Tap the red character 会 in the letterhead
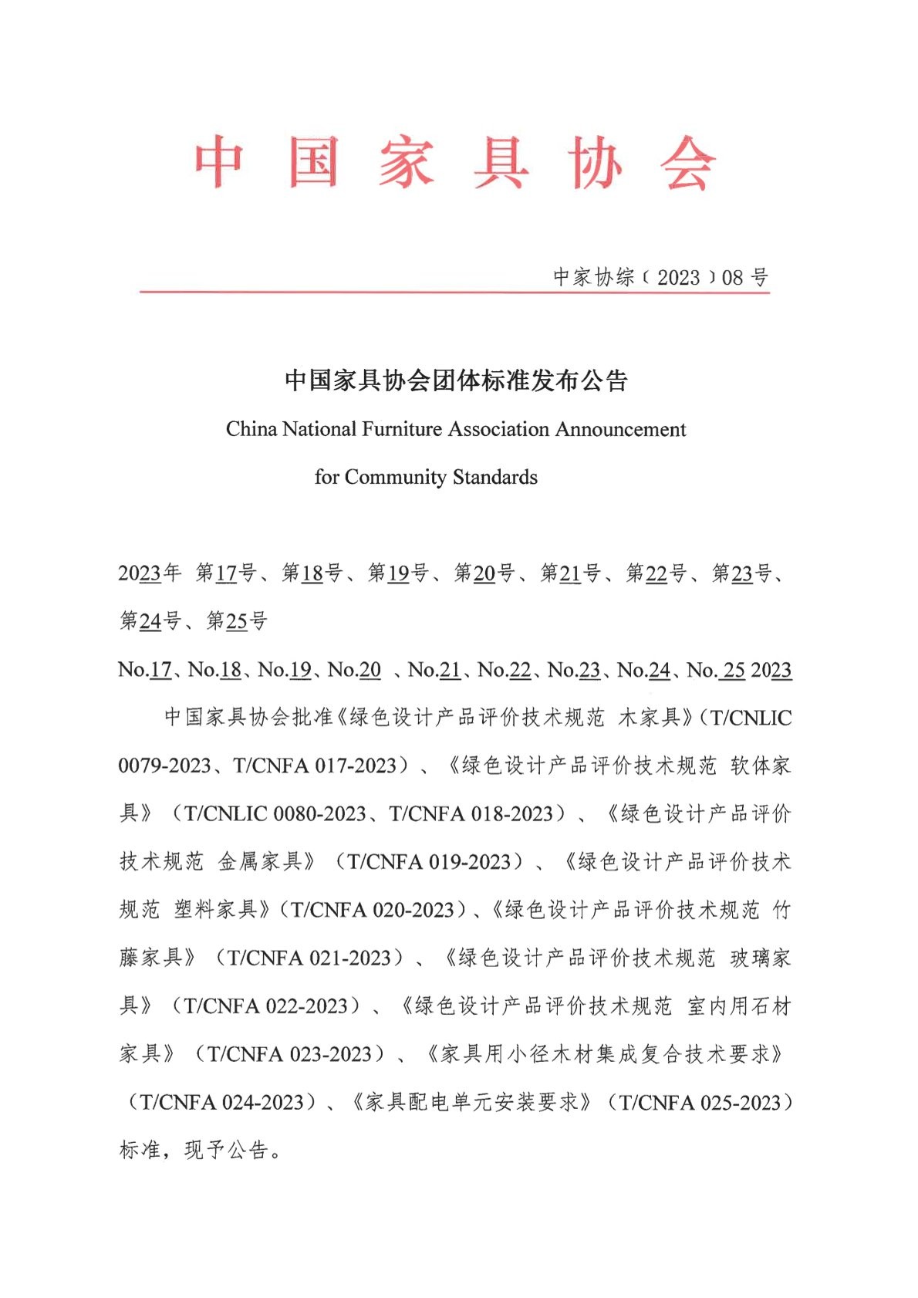(x=687, y=163)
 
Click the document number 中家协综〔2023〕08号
(x=660, y=277)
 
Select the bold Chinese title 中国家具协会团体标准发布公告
(x=456, y=380)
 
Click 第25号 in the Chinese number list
(x=237, y=620)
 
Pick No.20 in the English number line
(x=355, y=669)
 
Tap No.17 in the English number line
(x=145, y=669)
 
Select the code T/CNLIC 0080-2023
(x=275, y=813)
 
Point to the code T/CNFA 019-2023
(x=429, y=861)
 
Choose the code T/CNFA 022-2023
(x=266, y=1006)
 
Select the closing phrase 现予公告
(x=226, y=1150)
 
